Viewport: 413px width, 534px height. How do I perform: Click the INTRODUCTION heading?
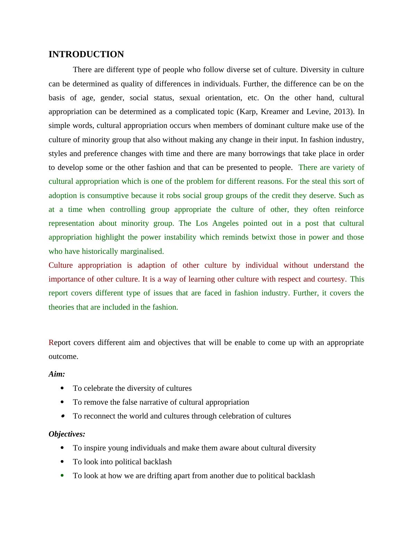coord(86,54)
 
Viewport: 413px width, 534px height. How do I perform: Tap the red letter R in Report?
coord(51,343)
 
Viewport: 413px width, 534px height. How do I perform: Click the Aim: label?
coord(57,374)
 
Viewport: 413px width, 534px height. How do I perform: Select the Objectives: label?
coord(67,434)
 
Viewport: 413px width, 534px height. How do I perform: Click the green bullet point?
coord(62,475)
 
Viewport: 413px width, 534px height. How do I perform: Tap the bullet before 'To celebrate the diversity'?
coord(62,388)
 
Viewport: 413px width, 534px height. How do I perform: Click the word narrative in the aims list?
coord(154,402)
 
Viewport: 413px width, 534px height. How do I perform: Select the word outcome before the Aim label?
coord(63,356)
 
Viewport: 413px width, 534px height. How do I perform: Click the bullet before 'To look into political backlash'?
coord(62,462)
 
